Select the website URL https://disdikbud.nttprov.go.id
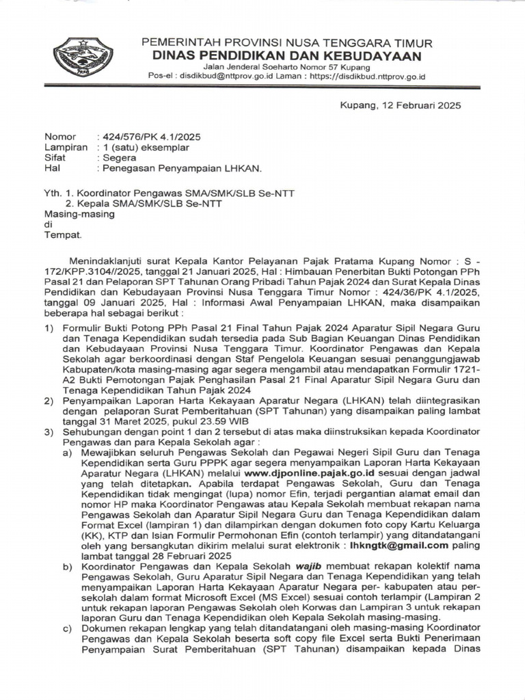(367, 77)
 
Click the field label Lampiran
(66, 147)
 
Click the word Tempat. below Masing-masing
(63, 234)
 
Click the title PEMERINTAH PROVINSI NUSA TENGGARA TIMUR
(286, 43)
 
